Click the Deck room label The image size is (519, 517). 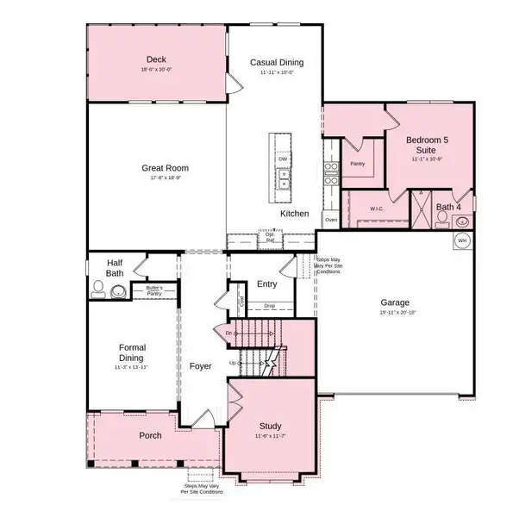[x=156, y=59]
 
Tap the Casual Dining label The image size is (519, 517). [x=276, y=62]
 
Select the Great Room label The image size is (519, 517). [x=165, y=168]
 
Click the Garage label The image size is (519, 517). [x=395, y=302]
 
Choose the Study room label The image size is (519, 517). [x=271, y=427]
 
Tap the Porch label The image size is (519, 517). [x=150, y=435]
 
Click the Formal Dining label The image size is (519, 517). [x=137, y=352]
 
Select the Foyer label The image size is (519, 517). [x=200, y=366]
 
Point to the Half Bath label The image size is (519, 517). [x=116, y=268]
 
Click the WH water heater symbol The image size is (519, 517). [x=462, y=240]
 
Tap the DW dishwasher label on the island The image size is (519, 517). [x=282, y=159]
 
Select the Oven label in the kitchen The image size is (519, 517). [x=330, y=219]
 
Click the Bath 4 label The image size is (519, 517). [x=448, y=207]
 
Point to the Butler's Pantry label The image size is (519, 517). [x=154, y=291]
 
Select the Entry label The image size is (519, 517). [x=266, y=283]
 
